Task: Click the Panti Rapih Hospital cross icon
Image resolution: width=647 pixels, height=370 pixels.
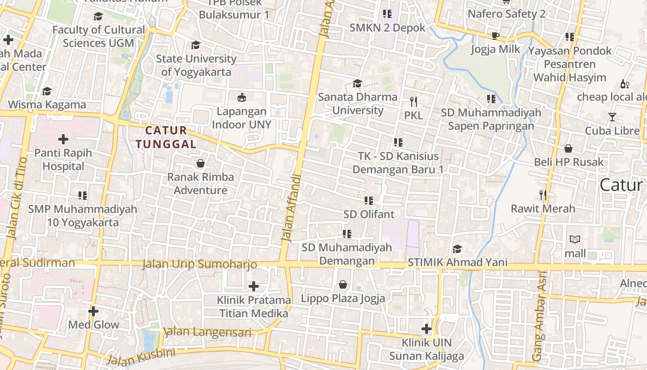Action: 63,139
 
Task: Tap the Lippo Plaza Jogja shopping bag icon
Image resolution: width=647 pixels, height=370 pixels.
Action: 343,284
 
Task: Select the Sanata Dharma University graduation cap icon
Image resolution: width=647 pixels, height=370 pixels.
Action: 357,83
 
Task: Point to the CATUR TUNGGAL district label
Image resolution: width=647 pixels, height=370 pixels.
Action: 167,137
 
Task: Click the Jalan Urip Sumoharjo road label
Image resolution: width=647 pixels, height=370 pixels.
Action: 199,264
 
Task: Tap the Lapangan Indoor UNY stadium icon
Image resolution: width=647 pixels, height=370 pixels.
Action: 241,97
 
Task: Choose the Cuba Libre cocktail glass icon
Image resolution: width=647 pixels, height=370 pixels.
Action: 612,117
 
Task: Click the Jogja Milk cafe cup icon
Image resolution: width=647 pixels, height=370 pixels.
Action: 495,36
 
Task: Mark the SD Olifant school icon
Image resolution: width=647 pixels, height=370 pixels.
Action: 368,200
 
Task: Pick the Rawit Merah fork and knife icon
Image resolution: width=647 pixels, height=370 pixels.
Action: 543,195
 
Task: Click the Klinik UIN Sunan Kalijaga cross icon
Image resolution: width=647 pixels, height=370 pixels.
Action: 426,329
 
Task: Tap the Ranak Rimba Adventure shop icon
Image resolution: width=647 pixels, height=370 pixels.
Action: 201,163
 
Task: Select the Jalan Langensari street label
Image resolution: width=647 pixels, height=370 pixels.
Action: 208,332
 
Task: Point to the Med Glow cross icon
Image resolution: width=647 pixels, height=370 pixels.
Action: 93,311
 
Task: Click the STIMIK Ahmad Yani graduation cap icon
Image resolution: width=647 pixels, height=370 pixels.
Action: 457,249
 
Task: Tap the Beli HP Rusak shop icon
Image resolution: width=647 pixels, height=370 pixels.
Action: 568,148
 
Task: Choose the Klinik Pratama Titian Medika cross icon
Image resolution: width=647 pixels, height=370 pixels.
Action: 254,286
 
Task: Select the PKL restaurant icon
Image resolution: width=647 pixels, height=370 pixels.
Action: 413,101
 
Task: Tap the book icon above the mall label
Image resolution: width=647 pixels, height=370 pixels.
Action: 575,240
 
